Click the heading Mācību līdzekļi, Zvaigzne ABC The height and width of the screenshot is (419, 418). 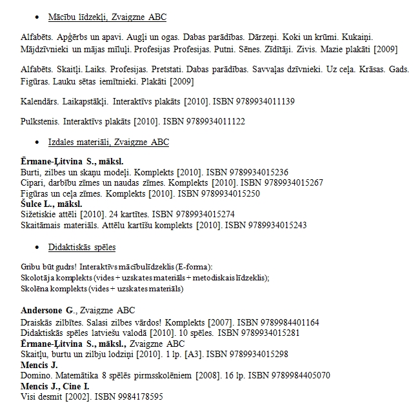pyautogui.click(x=107, y=17)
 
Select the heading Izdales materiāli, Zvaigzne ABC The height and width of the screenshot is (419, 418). pyautogui.click(x=108, y=142)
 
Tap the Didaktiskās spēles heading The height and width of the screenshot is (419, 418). pyautogui.click(x=81, y=247)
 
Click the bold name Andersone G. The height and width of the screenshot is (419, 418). pyautogui.click(x=48, y=310)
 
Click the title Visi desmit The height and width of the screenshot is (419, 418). pyautogui.click(x=41, y=396)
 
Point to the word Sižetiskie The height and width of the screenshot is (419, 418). pyautogui.click(x=39, y=214)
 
